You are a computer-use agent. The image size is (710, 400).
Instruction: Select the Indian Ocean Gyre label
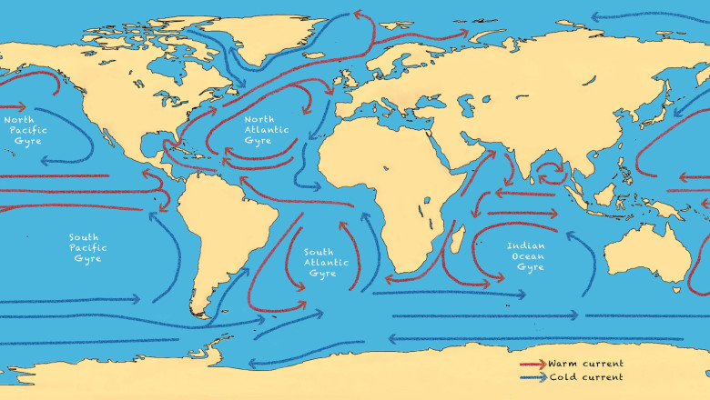[525, 255]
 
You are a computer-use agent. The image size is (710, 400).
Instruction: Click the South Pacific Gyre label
[88, 247]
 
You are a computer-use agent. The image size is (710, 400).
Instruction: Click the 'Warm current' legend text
[585, 364]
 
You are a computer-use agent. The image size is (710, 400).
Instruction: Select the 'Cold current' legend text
[584, 376]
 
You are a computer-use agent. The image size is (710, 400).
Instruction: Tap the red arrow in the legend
[532, 364]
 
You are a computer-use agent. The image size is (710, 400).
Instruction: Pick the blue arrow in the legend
[532, 376]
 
